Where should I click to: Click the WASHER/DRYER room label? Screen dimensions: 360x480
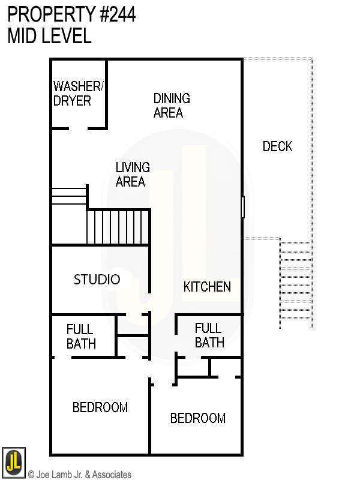point(79,94)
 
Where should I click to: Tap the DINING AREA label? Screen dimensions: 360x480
point(172,106)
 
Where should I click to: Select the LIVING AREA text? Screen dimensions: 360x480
point(133,175)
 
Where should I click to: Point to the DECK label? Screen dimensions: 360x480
point(277,146)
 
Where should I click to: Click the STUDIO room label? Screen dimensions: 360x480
point(97,280)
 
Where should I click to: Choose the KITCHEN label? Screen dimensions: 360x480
point(207,287)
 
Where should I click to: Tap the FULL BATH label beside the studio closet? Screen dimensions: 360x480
point(81,337)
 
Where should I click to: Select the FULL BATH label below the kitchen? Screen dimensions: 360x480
point(209,335)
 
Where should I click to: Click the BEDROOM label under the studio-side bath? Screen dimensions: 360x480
point(100,407)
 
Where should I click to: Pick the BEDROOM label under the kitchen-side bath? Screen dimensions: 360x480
point(198,418)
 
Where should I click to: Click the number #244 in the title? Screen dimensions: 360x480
point(118,14)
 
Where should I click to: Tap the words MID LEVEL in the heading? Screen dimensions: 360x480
point(49,35)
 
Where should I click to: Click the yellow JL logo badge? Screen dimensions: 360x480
point(13,462)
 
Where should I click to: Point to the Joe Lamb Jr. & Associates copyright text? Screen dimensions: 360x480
point(80,475)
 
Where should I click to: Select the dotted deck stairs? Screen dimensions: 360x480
point(296,285)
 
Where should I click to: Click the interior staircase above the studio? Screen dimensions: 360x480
point(118,227)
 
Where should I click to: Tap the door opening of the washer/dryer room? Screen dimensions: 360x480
point(79,129)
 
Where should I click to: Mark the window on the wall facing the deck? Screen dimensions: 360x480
point(243,207)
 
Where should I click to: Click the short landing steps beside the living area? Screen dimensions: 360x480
point(69,196)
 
